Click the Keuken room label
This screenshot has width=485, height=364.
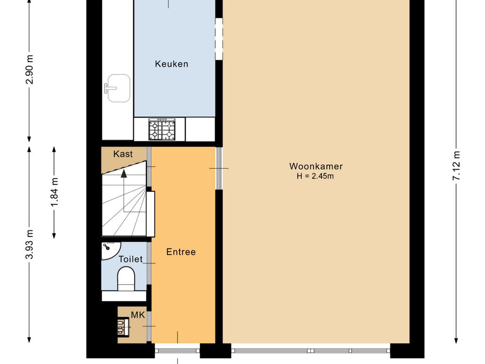pos(171,64)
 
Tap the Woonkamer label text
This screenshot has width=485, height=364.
pos(316,166)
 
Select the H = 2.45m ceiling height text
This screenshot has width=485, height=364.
pos(316,176)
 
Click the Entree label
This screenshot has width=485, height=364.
pos(181,252)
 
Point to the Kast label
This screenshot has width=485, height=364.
pos(123,154)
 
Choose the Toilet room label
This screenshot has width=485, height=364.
pos(130,259)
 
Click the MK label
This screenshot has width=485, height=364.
pos(138,315)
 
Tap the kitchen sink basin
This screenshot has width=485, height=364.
pos(118,88)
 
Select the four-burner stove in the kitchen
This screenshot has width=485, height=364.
pos(162,129)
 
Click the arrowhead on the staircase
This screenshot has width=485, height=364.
pos(124,173)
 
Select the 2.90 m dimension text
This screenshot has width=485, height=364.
pos(30,70)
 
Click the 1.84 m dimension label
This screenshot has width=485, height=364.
pos(54,192)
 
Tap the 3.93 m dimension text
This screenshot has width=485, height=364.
pos(30,245)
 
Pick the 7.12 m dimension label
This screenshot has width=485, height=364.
pos(456,166)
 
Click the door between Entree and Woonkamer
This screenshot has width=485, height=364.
pos(219,168)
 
